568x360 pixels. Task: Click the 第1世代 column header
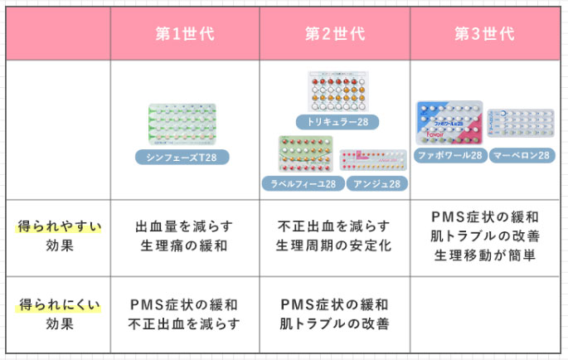(185, 34)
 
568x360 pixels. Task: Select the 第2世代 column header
(335, 34)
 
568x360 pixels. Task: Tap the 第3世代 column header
(485, 34)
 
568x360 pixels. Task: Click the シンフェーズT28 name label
(182, 158)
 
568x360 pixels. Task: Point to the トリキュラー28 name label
(337, 122)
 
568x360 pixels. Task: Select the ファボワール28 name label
(450, 155)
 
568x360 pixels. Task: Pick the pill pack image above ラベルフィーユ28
(305, 154)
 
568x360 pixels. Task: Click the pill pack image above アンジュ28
(373, 160)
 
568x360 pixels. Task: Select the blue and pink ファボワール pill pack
(449, 123)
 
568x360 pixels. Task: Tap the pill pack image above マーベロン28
(520, 128)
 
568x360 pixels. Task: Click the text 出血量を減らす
(185, 226)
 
